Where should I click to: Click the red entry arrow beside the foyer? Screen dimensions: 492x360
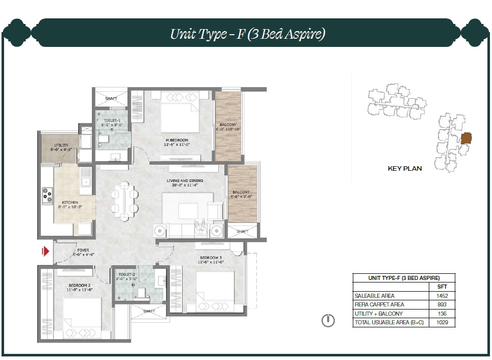[x=46, y=251]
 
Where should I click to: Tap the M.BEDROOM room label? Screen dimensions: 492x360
[x=177, y=140]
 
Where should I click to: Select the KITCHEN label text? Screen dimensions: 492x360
[x=70, y=202]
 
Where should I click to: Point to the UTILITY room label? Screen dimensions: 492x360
[x=61, y=145]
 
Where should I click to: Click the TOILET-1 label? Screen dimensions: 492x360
[x=112, y=120]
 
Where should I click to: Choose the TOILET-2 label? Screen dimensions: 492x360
[x=127, y=274]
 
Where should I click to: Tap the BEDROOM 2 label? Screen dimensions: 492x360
[x=80, y=286]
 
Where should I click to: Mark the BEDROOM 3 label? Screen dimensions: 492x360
[x=211, y=258]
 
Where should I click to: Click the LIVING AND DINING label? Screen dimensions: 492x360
[x=185, y=181]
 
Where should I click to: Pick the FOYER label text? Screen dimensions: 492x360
[x=83, y=250]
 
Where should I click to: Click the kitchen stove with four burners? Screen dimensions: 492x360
[x=47, y=196]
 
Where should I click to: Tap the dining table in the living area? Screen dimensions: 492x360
[x=124, y=200]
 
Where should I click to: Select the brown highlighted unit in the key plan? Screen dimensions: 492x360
[x=467, y=138]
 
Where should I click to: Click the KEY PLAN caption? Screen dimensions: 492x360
[x=405, y=169]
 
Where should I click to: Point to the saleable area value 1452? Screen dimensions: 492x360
[x=442, y=296]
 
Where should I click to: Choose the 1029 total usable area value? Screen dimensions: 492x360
[x=442, y=322]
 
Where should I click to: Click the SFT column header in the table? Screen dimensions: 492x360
[x=442, y=287]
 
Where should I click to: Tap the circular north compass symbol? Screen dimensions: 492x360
[x=328, y=320]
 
